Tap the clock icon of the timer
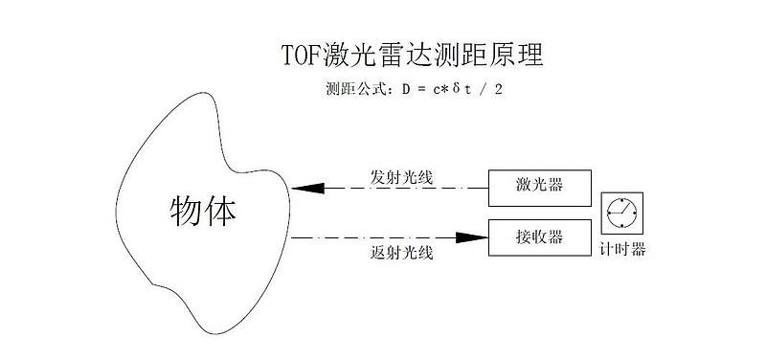[620, 212]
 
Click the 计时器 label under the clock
[622, 250]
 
